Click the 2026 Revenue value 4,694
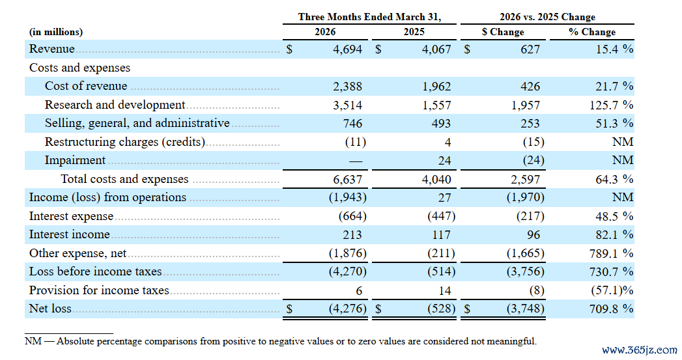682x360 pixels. tap(348, 49)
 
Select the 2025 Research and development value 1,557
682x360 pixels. tap(436, 105)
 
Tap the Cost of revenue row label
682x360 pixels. tap(86, 86)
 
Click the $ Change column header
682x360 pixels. tap(503, 32)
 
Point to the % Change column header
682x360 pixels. tap(592, 32)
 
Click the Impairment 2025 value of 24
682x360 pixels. tap(444, 160)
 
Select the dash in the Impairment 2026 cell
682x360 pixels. tap(356, 161)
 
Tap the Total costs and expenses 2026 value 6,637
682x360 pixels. tap(348, 180)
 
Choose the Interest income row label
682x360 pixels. tap(70, 234)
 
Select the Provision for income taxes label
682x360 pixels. tap(99, 290)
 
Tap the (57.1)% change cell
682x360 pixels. tap(612, 290)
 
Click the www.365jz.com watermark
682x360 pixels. tap(640, 350)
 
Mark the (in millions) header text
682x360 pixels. tap(55, 32)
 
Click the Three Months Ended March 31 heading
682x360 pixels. tap(369, 17)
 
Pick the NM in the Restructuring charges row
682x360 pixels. tap(623, 142)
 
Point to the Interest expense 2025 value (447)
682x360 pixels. tap(442, 216)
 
